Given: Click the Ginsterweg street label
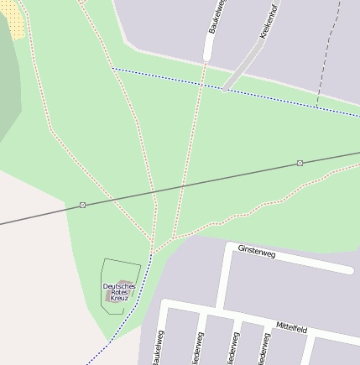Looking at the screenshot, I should tap(257, 250).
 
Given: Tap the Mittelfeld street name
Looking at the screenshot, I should tap(291, 328).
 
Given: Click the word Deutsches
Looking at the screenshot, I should tap(119, 286).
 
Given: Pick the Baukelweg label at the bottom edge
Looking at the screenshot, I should tap(157, 348).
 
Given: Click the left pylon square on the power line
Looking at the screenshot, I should tap(82, 205).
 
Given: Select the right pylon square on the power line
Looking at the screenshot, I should tap(300, 163).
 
